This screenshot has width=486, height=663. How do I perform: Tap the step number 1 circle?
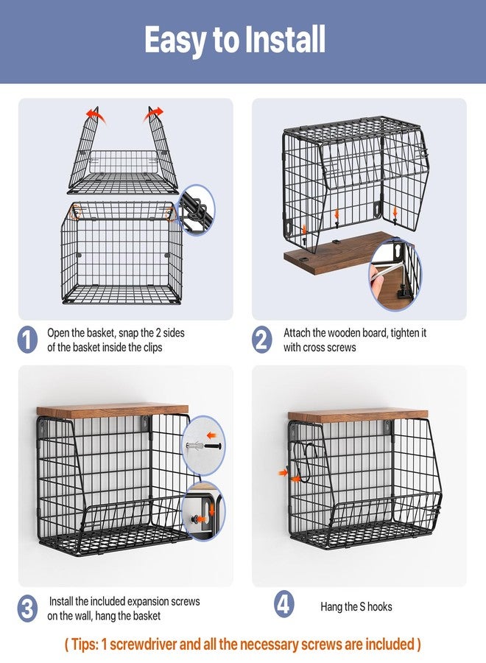tap(27, 340)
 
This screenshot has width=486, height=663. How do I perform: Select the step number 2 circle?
tap(262, 340)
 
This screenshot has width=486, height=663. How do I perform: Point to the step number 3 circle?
tap(27, 609)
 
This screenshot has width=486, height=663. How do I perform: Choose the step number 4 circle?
tap(284, 604)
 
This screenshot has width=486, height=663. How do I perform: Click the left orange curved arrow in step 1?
tap(95, 113)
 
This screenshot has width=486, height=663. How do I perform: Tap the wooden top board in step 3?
tap(113, 410)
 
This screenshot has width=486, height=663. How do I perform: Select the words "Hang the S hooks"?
tap(356, 607)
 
